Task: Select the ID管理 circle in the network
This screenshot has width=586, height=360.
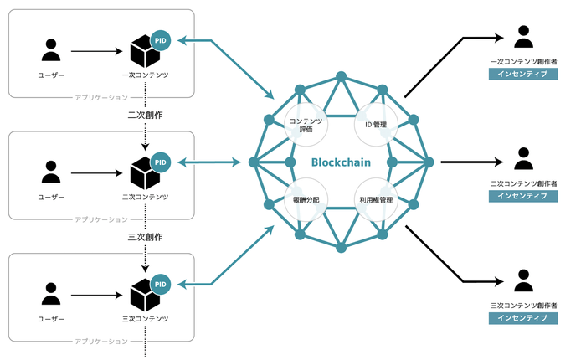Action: tap(377, 125)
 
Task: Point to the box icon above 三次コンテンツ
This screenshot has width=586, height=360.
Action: tap(145, 297)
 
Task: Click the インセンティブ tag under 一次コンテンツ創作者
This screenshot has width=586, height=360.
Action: tap(523, 75)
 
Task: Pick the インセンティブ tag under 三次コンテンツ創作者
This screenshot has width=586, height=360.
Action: tap(523, 318)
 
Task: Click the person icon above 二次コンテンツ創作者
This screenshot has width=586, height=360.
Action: tap(523, 158)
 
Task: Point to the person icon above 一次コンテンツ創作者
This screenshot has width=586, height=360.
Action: tap(523, 37)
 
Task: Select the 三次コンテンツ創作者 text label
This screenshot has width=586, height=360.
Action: tap(523, 306)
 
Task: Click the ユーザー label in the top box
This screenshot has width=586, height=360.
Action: tap(51, 75)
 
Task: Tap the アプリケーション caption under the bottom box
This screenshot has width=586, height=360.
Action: tap(101, 341)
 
